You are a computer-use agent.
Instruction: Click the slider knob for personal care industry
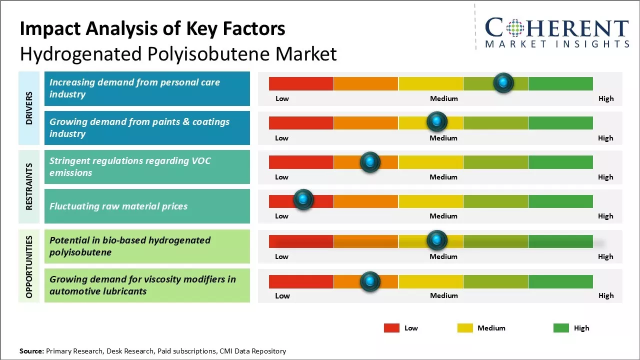[503, 82]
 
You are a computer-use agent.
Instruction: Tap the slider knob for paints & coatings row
[437, 121]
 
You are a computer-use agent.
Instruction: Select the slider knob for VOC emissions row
[370, 161]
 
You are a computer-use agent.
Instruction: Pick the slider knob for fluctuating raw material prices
[303, 200]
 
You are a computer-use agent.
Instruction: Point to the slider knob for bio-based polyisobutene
[437, 240]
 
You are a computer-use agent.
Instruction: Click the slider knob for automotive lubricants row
[370, 282]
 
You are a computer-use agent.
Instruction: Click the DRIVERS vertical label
[29, 108]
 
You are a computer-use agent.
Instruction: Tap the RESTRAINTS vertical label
[29, 186]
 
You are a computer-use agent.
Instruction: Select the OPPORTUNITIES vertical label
[29, 266]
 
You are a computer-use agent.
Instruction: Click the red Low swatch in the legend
[391, 328]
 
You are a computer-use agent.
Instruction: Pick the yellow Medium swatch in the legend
[465, 328]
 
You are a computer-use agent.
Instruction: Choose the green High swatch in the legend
[561, 328]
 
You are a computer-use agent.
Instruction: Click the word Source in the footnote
[31, 351]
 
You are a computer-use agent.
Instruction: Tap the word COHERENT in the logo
[556, 28]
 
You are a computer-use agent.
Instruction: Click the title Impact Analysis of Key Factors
[152, 28]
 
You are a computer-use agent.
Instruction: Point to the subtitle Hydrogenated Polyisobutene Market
[178, 54]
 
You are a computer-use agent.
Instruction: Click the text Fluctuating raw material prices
[118, 206]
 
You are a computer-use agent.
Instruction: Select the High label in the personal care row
[606, 98]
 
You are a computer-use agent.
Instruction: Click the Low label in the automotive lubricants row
[282, 295]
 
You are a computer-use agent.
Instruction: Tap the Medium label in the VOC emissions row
[443, 177]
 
